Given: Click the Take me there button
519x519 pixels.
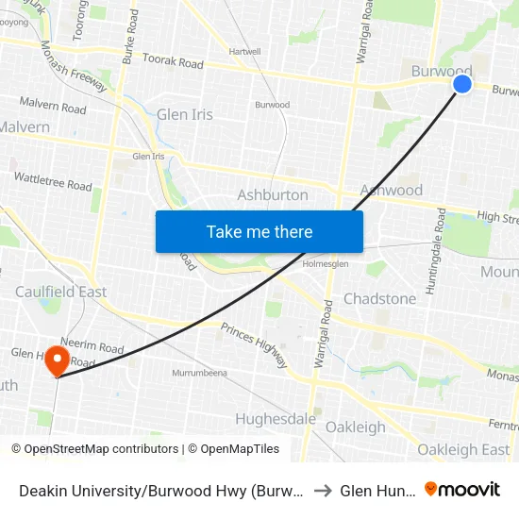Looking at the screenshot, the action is click(259, 231).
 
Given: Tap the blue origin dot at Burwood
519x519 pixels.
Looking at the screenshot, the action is click(462, 85).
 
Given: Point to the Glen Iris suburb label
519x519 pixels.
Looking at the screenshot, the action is click(185, 114).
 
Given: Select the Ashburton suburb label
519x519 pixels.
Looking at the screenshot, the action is click(273, 194).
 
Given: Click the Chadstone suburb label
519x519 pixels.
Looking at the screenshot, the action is click(379, 298).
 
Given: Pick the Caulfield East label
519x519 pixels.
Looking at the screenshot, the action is click(60, 292).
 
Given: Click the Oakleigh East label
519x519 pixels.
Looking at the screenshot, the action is click(463, 449).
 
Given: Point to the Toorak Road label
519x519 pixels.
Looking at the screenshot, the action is click(173, 63).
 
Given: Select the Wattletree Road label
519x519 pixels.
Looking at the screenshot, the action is click(53, 180).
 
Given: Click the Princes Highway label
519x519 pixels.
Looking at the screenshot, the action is click(254, 344).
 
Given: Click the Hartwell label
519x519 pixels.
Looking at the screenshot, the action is click(244, 51).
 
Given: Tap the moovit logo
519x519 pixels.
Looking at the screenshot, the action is click(462, 489).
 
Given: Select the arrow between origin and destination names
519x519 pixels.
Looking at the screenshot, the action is click(323, 490).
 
